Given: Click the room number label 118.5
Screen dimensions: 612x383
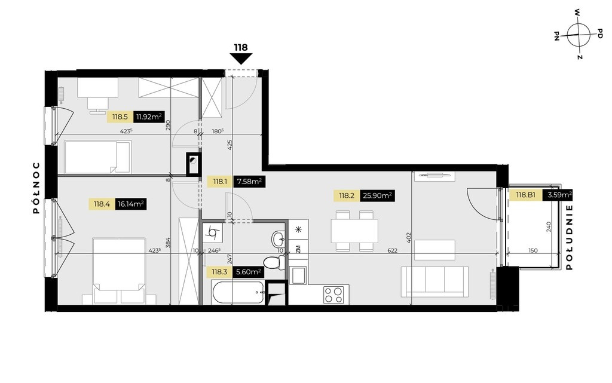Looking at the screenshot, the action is coord(120,117).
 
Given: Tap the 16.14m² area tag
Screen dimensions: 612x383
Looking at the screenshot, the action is coord(131,204).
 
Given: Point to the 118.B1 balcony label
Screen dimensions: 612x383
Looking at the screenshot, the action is coord(526,195).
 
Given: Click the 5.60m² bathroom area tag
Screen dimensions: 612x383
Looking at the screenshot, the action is coord(248,272).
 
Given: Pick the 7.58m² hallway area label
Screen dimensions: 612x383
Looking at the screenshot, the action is coord(249,182).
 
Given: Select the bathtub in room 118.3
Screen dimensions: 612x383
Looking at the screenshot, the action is coord(238,292).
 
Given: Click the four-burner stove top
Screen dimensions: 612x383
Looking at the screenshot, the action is coord(334,295).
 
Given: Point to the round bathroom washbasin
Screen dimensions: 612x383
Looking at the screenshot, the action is coord(279,237).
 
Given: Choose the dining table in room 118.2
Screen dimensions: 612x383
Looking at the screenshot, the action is coord(354,231).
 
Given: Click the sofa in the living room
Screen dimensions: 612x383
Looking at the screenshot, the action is coord(435,281).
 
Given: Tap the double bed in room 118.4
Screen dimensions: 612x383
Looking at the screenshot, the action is coord(119,271).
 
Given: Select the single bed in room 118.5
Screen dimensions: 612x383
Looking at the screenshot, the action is coord(97,157).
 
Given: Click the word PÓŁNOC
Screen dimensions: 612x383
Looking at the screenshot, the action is coord(36,188).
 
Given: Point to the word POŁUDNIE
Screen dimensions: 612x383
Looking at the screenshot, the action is coord(570,237).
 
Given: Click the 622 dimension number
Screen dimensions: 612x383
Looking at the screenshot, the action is coord(392,250).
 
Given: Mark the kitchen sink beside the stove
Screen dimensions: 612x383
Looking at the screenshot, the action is coord(299,275).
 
